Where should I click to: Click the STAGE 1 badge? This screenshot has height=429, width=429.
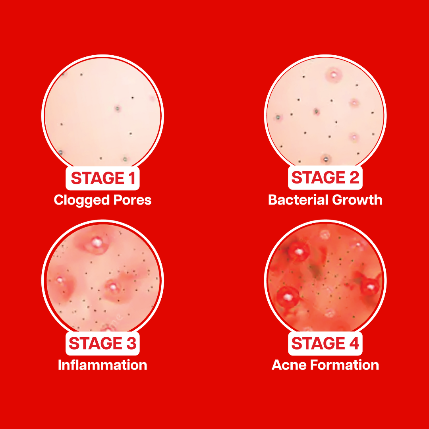pos(102,178)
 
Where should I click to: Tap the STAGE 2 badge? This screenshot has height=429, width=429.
pos(325,178)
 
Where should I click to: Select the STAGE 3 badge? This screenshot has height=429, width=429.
pos(102,343)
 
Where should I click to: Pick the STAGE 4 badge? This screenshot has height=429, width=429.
pos(325,343)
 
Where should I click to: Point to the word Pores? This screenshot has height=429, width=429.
pos(132,200)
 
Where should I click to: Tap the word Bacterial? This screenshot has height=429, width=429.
pos(298,200)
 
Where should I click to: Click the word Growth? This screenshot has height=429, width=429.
pos(357,200)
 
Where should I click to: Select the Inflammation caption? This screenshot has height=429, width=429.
pos(102,365)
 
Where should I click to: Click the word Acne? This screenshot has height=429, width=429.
pos(289,365)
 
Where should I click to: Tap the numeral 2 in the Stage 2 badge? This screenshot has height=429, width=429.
pos(354,178)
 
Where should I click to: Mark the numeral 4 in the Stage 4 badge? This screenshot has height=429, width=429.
pos(354,343)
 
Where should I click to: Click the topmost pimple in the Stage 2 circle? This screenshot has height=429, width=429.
pos(334,74)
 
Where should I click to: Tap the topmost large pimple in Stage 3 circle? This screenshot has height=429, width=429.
pos(96,243)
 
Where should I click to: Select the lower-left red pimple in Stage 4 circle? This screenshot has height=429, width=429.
pos(288,297)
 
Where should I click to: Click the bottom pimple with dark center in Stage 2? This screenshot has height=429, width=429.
pos(326,158)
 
